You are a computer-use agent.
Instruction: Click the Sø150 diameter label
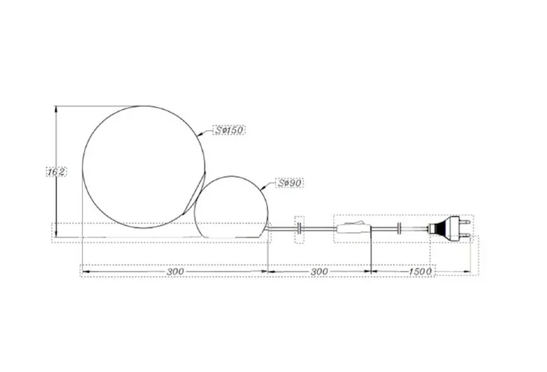pyautogui.click(x=229, y=130)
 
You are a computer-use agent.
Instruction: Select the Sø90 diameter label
pyautogui.click(x=290, y=183)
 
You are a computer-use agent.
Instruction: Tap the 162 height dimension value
pyautogui.click(x=56, y=172)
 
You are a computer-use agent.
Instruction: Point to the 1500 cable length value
pyautogui.click(x=420, y=272)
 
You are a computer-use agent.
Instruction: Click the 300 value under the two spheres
pyautogui.click(x=175, y=272)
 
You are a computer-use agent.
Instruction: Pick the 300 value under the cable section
pyautogui.click(x=319, y=272)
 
